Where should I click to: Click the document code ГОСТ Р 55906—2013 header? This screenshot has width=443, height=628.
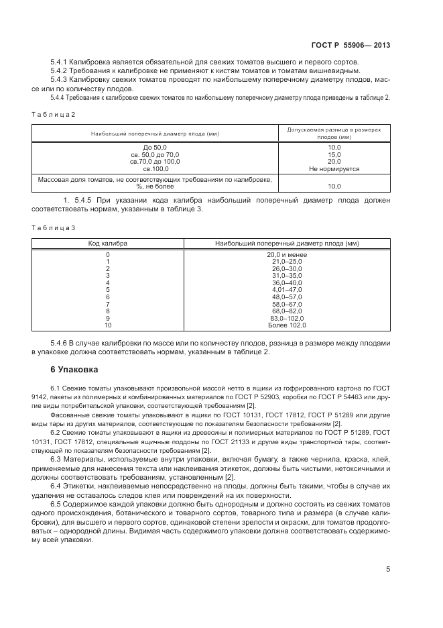tap(351, 45)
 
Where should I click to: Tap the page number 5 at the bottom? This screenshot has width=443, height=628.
tap(388, 570)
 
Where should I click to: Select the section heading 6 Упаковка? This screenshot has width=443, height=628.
tap(74, 369)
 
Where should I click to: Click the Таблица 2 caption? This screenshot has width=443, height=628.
tap(54, 114)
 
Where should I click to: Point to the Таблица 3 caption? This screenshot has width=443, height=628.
tap(54, 228)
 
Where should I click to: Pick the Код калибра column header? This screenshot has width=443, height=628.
tap(108, 243)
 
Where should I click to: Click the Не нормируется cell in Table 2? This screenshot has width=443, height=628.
tap(334, 168)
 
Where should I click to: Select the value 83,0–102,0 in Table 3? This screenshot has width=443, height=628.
tap(287, 318)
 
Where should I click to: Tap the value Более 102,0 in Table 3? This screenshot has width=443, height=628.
tap(287, 325)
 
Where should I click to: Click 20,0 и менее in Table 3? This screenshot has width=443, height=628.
tap(287, 255)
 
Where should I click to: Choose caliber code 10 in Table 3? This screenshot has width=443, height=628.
tap(108, 325)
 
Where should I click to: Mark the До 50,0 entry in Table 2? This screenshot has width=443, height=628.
tap(155, 148)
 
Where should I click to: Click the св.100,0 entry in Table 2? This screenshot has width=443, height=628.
tap(155, 168)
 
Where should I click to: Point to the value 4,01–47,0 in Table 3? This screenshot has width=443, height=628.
tap(287, 290)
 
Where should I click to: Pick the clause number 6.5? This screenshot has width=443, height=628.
tap(56, 503)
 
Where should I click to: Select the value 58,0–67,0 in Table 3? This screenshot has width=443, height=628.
tap(287, 304)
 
